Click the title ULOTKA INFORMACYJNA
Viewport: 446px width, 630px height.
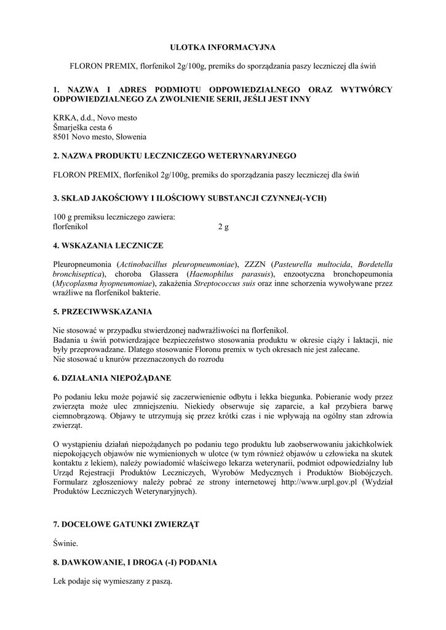tap(223, 47)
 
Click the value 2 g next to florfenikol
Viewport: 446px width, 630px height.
tap(223, 226)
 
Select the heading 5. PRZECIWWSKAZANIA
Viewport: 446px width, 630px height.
tap(103, 311)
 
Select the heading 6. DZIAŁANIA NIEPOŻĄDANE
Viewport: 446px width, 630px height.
tap(112, 377)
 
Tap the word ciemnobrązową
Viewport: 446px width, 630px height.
tap(79, 415)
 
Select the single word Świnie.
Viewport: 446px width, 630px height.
tap(66, 543)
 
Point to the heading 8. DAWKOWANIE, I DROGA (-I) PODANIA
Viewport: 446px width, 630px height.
tap(135, 562)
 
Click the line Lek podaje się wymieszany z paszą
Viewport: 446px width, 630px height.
tap(113, 581)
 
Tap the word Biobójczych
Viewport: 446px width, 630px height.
tap(370, 472)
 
